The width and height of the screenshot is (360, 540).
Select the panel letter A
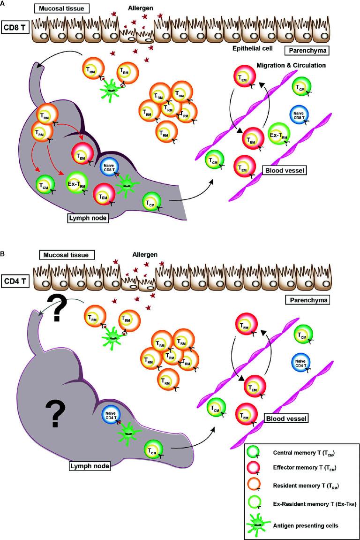pyautogui.click(x=3, y=3)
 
